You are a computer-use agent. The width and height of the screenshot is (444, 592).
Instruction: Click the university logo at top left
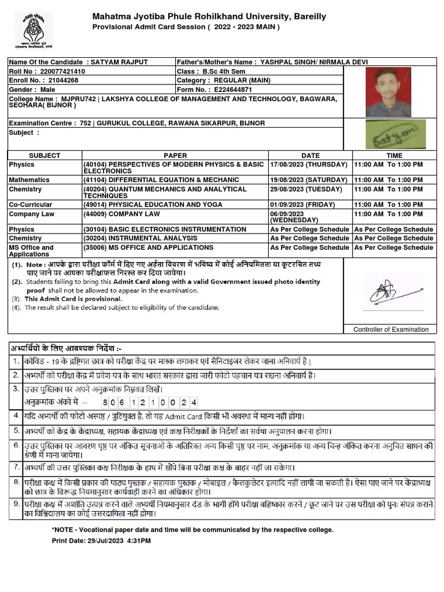coord(34,29)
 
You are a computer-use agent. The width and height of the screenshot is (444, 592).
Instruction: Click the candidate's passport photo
coord(388,92)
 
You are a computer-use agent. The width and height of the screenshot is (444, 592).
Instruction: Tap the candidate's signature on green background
coord(395,134)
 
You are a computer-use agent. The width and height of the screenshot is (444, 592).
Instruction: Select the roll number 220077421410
coord(60,72)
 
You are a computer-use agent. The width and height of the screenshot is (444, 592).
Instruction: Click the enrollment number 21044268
coord(61,81)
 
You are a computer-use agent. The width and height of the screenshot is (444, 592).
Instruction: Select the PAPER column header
coord(175,156)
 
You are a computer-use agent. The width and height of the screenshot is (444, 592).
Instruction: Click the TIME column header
coord(394,156)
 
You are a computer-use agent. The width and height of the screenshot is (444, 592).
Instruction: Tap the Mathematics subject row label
coord(29,180)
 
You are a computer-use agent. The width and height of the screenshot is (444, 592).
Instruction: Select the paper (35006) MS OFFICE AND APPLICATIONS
coord(148,247)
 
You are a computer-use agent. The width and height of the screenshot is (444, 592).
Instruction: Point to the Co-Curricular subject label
coord(30,205)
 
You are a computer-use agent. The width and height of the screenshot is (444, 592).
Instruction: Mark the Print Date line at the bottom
coord(101,541)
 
